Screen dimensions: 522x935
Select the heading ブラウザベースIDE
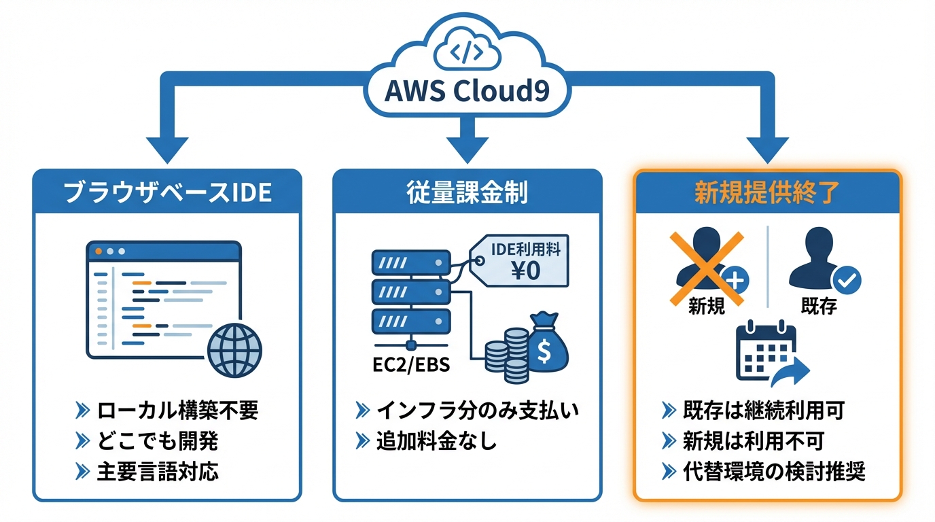(x=167, y=192)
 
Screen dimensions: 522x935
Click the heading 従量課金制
(x=467, y=192)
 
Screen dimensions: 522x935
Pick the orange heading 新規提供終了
(x=766, y=192)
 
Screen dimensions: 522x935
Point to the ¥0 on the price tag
(x=525, y=271)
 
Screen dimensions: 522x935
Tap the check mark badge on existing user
(x=847, y=278)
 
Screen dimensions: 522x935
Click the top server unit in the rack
(x=410, y=262)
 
